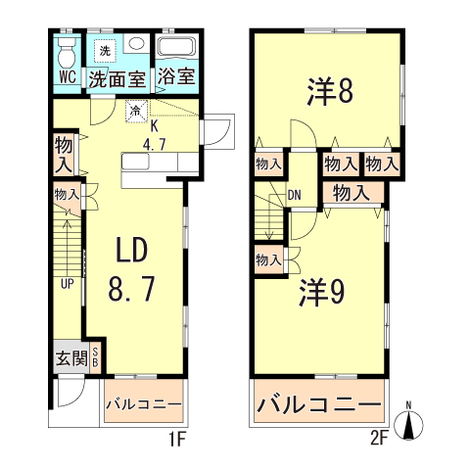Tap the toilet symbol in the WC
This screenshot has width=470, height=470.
click(68, 50)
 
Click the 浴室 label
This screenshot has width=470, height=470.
click(177, 76)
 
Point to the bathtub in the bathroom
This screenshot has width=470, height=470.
click(178, 49)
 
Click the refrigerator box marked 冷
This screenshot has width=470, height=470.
click(136, 112)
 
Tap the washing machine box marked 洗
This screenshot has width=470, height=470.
click(104, 49)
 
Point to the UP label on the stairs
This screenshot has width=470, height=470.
click(68, 284)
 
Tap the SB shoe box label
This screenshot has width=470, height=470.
click(96, 357)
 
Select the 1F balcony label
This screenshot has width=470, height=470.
click(143, 403)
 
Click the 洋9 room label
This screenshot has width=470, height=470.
click(321, 291)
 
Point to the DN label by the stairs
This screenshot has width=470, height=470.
click(294, 193)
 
